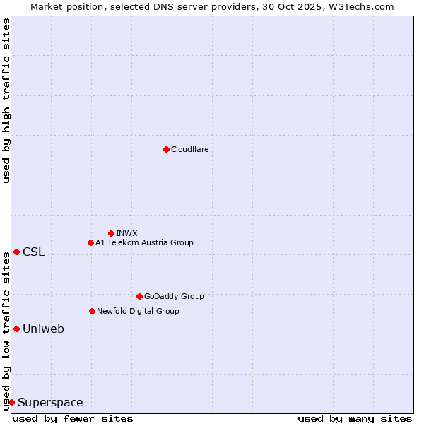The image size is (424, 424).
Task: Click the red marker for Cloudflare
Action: click(x=166, y=149)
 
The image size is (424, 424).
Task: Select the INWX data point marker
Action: click(x=111, y=233)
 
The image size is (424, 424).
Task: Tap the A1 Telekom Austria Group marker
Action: click(x=90, y=242)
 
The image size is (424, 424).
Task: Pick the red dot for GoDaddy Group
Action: click(x=139, y=296)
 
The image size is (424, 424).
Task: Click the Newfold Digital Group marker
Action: click(x=92, y=311)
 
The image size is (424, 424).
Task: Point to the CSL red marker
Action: click(x=16, y=252)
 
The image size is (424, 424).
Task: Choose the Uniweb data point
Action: click(x=16, y=329)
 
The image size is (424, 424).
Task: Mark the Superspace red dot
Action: click(x=11, y=402)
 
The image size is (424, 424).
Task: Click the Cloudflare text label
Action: click(x=189, y=149)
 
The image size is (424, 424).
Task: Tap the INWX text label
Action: click(x=126, y=233)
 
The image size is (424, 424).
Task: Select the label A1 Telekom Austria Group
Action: click(x=144, y=242)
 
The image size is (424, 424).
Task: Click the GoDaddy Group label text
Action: click(x=174, y=296)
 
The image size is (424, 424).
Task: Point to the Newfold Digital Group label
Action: click(x=138, y=311)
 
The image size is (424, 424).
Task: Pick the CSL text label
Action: click(x=33, y=252)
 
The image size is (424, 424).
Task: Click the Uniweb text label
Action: click(x=43, y=329)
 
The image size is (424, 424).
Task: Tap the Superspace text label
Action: click(x=50, y=403)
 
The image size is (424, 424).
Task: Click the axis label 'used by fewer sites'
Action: click(x=73, y=418)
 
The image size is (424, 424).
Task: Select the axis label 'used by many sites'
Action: click(x=355, y=418)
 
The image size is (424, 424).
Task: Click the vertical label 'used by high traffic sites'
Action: click(x=6, y=100)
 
